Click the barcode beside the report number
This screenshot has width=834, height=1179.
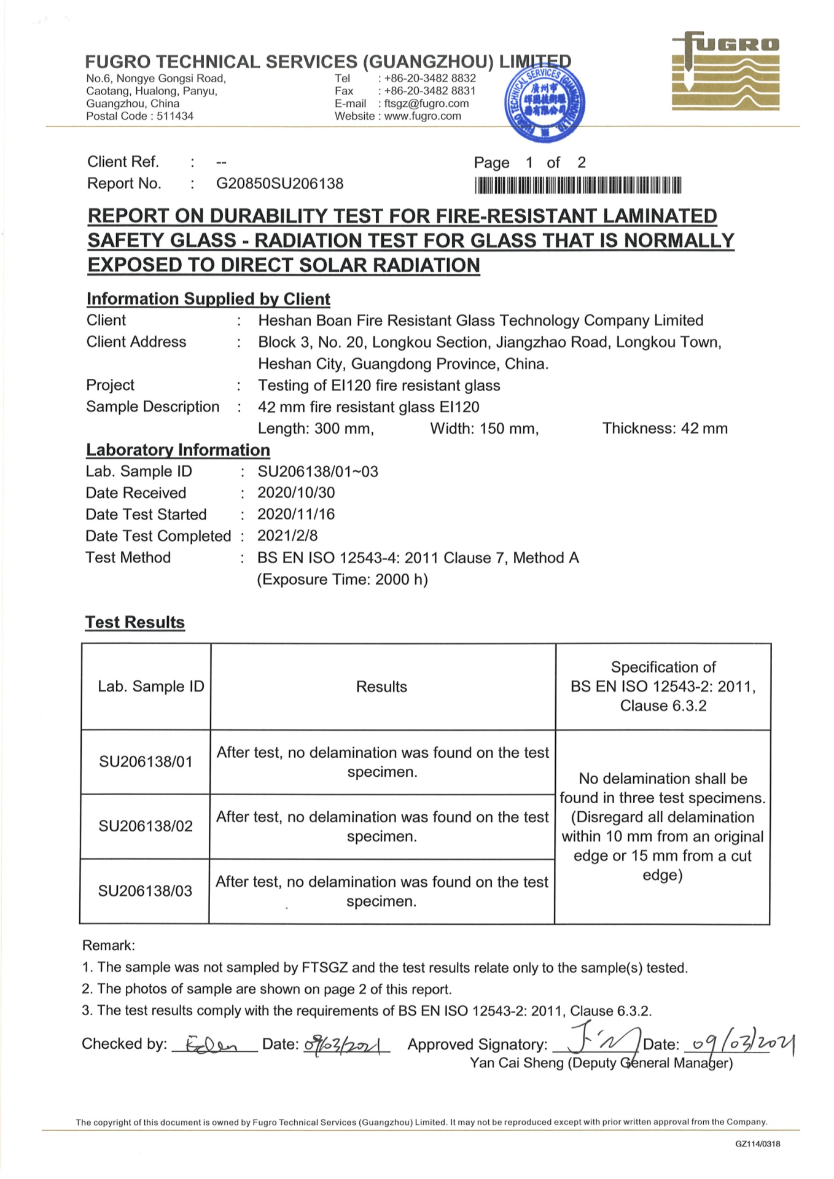[578, 185]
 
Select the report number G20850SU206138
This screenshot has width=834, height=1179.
[279, 184]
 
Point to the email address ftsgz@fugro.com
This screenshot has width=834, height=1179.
[426, 104]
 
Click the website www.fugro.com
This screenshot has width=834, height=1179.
[423, 116]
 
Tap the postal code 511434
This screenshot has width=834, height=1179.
[175, 116]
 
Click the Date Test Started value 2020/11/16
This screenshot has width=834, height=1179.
[296, 514]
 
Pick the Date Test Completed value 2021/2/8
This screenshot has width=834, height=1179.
[287, 535]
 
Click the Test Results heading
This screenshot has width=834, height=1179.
[135, 622]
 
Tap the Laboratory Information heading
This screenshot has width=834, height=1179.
[178, 450]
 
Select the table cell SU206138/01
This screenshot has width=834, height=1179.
[146, 762]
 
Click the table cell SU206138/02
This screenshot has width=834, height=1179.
[146, 827]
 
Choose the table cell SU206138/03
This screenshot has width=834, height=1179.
[146, 891]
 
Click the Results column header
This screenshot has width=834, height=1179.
[381, 687]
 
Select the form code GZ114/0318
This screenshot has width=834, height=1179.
[757, 1144]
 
